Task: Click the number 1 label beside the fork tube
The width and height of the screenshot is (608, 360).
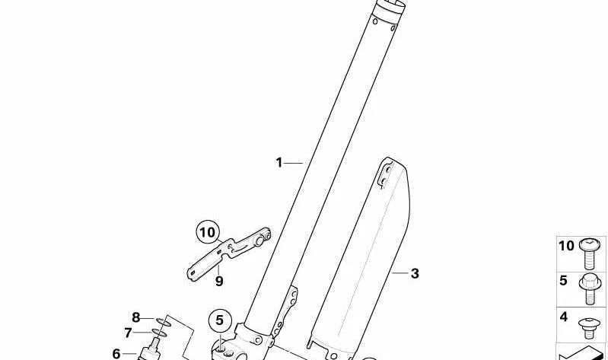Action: [279, 162]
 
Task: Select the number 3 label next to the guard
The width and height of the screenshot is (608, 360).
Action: [415, 273]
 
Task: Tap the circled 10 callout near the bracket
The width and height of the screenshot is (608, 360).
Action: [208, 232]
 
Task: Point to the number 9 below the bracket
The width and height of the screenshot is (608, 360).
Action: [219, 281]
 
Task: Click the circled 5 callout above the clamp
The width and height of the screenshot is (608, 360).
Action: [218, 320]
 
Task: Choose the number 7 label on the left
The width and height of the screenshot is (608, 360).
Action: [128, 333]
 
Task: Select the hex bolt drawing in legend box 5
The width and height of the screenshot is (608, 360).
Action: [587, 283]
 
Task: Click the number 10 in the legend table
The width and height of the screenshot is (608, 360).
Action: [566, 245]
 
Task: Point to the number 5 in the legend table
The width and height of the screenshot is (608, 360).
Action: [563, 280]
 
